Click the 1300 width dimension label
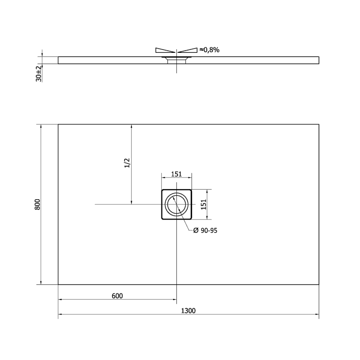tap(188, 311)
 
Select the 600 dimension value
tap(117, 296)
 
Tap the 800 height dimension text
tap(37, 204)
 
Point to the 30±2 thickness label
tap(38, 74)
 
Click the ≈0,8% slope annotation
tap(209, 50)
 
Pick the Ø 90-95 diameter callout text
tap(205, 230)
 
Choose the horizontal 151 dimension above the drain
tap(176, 174)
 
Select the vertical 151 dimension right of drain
tap(204, 204)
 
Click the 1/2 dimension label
tap(127, 163)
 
